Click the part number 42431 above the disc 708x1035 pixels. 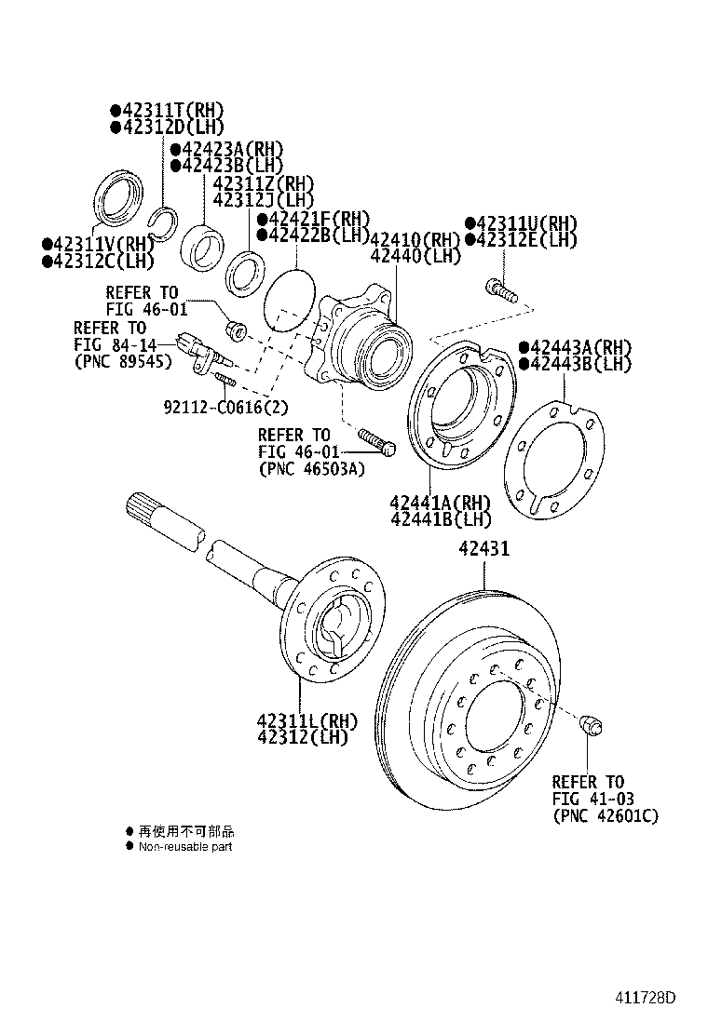483,549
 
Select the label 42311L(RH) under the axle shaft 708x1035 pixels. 306,720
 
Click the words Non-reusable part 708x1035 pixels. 185,846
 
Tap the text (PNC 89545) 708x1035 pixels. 123,361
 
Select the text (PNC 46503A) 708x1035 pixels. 311,468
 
